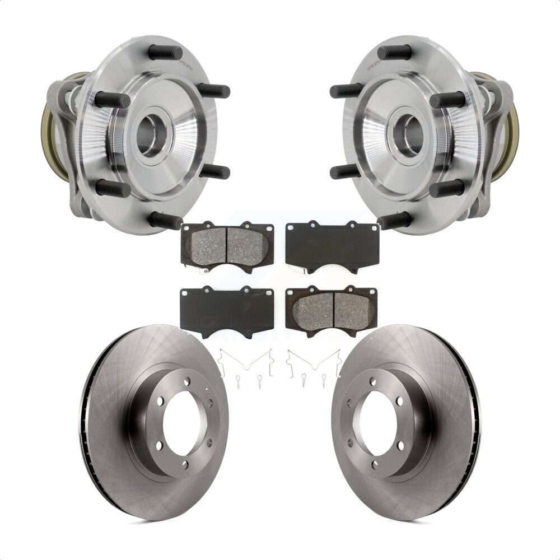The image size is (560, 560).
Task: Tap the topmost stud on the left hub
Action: (x=165, y=52)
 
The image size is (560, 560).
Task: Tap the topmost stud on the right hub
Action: (x=394, y=52)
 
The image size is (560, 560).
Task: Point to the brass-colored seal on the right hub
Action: (x=511, y=126)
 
